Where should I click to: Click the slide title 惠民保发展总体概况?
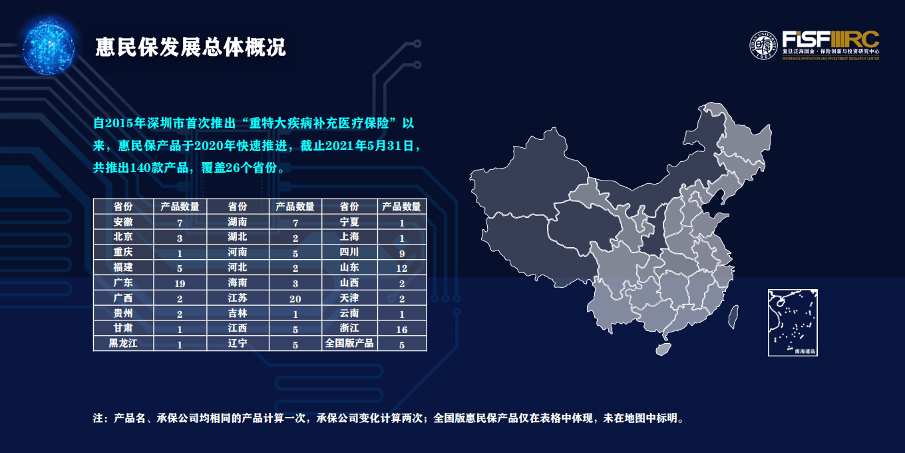191,47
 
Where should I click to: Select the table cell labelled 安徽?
123,223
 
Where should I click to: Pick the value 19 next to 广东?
180,283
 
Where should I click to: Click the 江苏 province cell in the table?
238,298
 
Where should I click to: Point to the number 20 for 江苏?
295,298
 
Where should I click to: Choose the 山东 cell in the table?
349,268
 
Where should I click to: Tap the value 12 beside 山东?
401,268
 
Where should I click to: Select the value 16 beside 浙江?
401,329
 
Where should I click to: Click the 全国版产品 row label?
349,344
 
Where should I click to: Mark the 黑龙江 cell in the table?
123,344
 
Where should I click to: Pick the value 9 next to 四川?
401,252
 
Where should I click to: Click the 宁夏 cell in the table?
349,223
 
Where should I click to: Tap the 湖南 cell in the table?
238,223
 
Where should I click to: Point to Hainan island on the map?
663,348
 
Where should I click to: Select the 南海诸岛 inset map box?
793,322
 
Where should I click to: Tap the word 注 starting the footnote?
98,419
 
